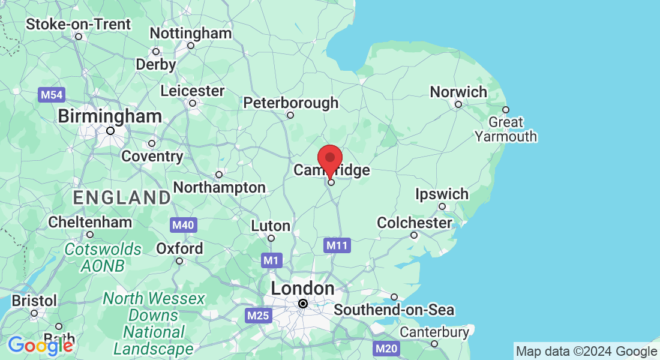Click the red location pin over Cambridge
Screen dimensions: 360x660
(x=329, y=160)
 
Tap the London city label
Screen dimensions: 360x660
(x=302, y=289)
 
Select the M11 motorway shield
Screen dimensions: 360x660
(x=336, y=245)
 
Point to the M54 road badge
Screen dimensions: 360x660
(x=51, y=95)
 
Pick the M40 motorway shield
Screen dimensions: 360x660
(x=183, y=225)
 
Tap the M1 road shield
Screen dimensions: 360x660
(x=272, y=261)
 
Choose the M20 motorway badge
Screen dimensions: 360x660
(x=385, y=348)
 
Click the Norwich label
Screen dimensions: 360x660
(x=458, y=92)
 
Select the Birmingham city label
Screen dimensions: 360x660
(x=110, y=116)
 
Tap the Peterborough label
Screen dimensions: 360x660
(x=290, y=103)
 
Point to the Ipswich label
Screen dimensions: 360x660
(x=442, y=194)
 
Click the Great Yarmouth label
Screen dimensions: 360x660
(x=506, y=129)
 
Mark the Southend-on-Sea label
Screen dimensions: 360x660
(x=394, y=310)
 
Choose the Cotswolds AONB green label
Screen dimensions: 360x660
(x=103, y=257)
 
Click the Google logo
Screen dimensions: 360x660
(x=40, y=345)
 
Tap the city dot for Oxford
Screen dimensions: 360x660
(x=179, y=260)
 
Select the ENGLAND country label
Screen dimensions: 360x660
(x=122, y=197)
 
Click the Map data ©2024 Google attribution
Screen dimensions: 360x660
(x=586, y=352)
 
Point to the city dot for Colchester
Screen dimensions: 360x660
(x=413, y=235)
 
